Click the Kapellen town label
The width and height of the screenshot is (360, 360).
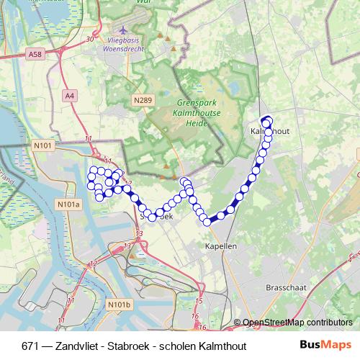click(x=220, y=246)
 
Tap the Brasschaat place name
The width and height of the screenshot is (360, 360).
click(x=287, y=287)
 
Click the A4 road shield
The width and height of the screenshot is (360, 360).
click(x=69, y=94)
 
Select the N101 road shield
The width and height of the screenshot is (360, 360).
click(x=43, y=145)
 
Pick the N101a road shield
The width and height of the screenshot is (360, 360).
click(x=67, y=204)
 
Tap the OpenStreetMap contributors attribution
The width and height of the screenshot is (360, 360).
click(x=297, y=323)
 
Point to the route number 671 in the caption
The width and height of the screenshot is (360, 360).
click(x=30, y=346)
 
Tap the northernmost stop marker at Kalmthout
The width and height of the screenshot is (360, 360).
click(x=267, y=120)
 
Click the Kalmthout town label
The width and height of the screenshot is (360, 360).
click(x=271, y=132)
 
